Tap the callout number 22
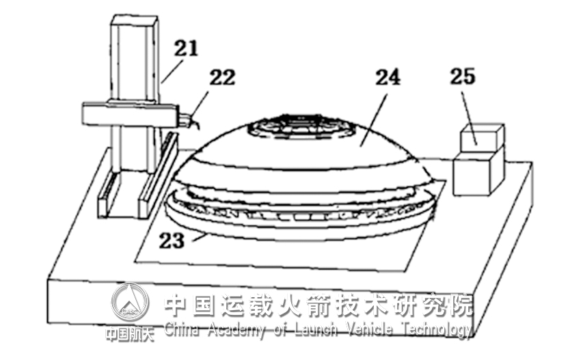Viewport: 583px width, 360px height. pyautogui.click(x=220, y=77)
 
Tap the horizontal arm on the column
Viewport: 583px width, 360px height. pyautogui.click(x=126, y=115)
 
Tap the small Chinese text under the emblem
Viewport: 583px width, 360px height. pyautogui.click(x=130, y=334)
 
